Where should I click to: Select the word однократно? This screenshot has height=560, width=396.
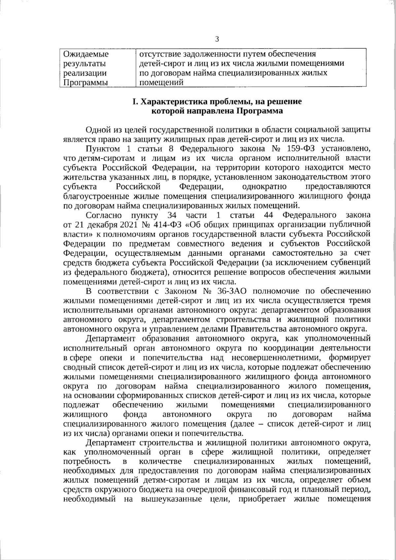pyautogui.click(x=264, y=187)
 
